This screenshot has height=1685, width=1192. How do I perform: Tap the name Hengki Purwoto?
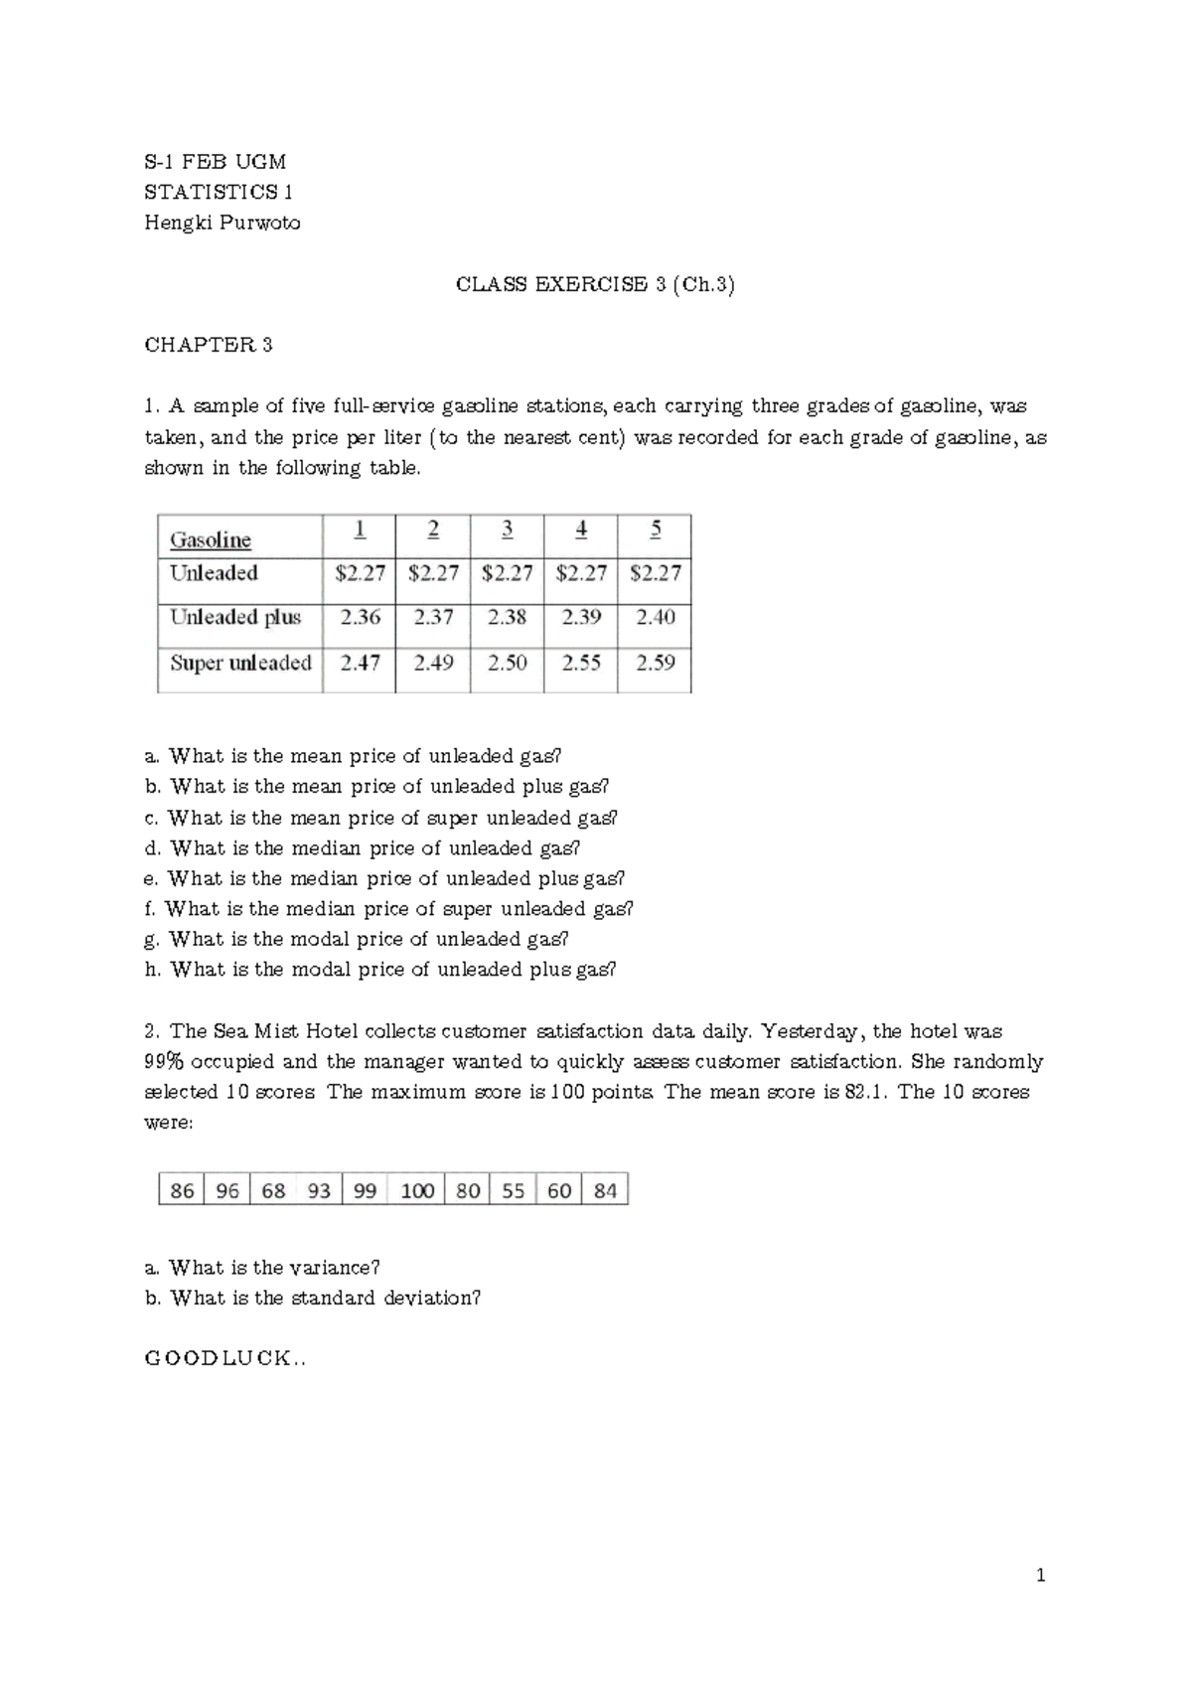click(222, 223)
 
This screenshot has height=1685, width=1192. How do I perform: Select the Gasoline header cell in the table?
click(211, 539)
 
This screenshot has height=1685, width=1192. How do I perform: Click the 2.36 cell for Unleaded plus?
click(360, 617)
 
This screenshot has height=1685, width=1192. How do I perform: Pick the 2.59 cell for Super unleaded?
click(655, 663)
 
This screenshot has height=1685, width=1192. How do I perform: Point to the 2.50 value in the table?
click(507, 663)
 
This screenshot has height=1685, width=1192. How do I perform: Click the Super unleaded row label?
click(240, 663)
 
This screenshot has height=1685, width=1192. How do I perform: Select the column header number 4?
click(581, 530)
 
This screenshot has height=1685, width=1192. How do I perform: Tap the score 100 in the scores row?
click(417, 1190)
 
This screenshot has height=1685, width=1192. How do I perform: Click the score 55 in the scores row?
click(513, 1190)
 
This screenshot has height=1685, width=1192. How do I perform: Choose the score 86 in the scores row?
click(182, 1190)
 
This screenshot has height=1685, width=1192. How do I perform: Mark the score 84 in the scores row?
click(605, 1190)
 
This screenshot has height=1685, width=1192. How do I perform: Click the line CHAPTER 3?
click(209, 345)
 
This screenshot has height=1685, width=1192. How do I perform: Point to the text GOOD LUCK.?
click(224, 1359)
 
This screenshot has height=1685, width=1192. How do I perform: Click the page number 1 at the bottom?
click(1041, 1576)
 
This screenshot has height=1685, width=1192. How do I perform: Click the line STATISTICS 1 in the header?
click(219, 192)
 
